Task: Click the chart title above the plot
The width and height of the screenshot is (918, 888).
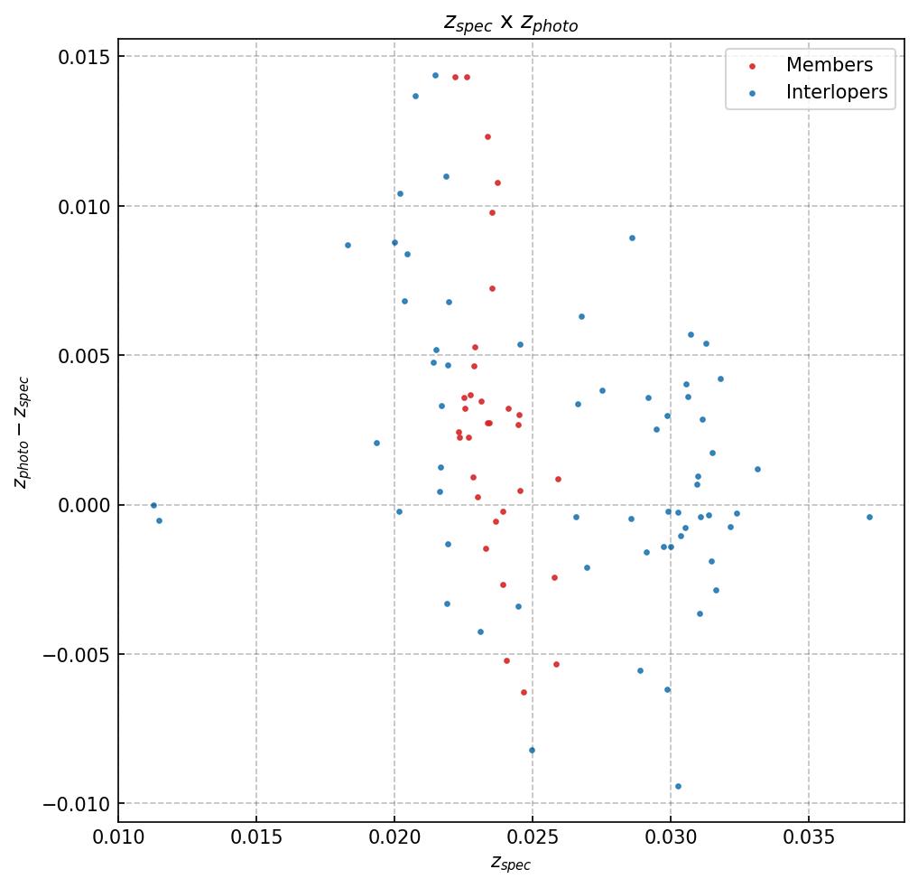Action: click(510, 23)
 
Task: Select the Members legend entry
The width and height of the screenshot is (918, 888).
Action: click(829, 65)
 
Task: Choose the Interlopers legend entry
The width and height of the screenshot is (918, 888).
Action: click(836, 92)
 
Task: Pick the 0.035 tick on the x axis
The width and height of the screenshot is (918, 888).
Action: click(808, 839)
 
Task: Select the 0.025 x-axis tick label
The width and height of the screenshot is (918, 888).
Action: click(532, 839)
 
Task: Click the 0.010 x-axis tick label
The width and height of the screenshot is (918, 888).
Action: click(118, 839)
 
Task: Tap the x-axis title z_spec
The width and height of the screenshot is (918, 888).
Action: click(510, 864)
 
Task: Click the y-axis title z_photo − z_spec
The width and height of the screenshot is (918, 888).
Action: click(23, 432)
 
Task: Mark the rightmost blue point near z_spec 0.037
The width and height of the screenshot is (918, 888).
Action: click(869, 517)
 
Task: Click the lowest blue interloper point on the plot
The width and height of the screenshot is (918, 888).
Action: click(678, 786)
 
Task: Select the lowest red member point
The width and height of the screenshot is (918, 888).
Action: click(524, 692)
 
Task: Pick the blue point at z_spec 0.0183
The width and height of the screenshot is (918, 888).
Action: click(348, 245)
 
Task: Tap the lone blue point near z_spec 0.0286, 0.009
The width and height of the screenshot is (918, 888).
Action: click(632, 238)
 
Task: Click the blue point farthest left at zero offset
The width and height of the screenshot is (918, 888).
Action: click(153, 505)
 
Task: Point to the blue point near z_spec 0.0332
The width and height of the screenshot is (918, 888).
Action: click(757, 469)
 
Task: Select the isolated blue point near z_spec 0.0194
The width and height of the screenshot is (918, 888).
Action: click(376, 443)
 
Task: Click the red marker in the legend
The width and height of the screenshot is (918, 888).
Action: click(753, 66)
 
